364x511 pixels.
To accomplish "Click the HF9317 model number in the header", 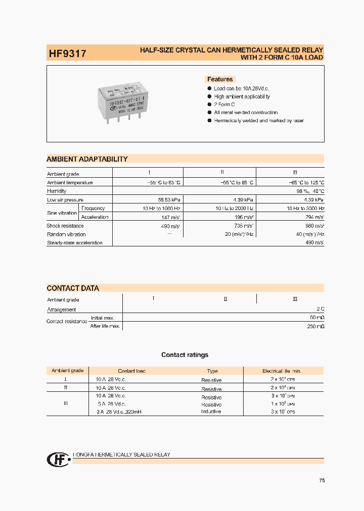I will [x=67, y=53].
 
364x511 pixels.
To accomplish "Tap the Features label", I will [x=220, y=79].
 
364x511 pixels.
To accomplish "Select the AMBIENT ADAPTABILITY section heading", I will [x=87, y=159].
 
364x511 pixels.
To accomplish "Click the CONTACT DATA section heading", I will [x=73, y=288].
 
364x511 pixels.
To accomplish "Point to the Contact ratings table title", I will [x=185, y=355].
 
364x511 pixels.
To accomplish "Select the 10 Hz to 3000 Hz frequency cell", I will [x=305, y=209].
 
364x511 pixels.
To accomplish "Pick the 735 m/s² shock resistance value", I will [x=243, y=226].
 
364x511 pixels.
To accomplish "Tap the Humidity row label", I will [x=57, y=191].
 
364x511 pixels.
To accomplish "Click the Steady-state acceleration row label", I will [x=74, y=243].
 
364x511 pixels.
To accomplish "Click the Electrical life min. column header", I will [x=285, y=371].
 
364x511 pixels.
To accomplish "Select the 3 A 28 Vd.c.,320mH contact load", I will [x=119, y=412].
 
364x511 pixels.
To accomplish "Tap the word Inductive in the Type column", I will [x=211, y=412].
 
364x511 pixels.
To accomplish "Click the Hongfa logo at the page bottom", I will [x=56, y=459].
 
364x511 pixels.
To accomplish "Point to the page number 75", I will [x=322, y=481].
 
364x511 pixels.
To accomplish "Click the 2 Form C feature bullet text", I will [x=224, y=105].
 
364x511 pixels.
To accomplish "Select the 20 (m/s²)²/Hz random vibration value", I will [x=240, y=234].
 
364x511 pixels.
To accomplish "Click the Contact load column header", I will [x=131, y=371].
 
